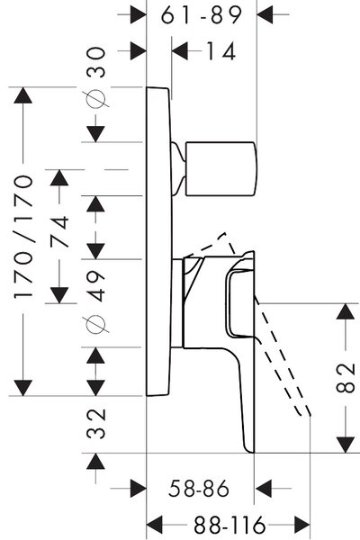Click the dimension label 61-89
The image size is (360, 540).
click(x=202, y=15)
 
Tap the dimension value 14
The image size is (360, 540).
click(x=220, y=51)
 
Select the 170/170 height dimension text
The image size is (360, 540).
click(x=24, y=237)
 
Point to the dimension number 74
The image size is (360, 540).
click(x=59, y=231)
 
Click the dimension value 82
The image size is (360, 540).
click(x=346, y=378)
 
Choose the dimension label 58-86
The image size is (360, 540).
click(x=199, y=489)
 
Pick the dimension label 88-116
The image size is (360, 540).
click(x=229, y=526)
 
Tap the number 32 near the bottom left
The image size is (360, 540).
click(x=95, y=424)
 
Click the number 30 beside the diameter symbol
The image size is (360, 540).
click(x=95, y=62)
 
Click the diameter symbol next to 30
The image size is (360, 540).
click(x=95, y=99)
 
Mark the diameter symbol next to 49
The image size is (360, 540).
click(x=95, y=324)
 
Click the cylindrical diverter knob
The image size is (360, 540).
click(x=221, y=169)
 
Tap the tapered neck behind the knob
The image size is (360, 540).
click(x=179, y=169)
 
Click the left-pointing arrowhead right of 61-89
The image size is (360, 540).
click(x=265, y=14)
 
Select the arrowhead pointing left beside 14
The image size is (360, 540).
click(x=180, y=51)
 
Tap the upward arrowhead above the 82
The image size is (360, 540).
click(x=346, y=312)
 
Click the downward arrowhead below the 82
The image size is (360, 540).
click(x=346, y=445)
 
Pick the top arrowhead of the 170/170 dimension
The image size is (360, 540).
click(x=23, y=95)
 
